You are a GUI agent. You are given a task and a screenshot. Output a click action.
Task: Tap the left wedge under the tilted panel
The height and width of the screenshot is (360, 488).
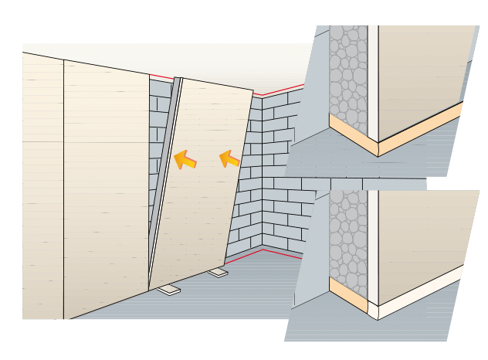169,290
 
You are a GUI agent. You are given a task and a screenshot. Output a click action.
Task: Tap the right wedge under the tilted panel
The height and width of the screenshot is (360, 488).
218,273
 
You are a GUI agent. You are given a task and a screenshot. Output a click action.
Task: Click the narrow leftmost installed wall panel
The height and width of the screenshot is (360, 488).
42,185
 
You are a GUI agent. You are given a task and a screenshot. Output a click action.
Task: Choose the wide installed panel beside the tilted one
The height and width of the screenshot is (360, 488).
106,185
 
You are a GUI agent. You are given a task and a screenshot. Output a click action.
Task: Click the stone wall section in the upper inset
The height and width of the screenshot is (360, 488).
348,73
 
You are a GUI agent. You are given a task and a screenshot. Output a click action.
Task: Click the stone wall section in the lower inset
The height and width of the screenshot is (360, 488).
348,236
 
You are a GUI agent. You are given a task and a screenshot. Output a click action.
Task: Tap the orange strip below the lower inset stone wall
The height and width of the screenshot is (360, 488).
347,294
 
